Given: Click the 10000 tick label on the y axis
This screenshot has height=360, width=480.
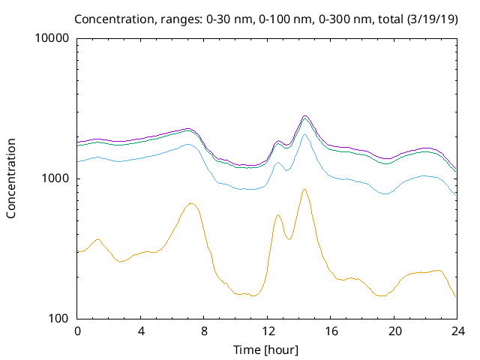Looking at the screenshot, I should tap(52, 38).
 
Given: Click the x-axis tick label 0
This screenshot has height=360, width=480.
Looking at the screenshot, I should tap(77, 331).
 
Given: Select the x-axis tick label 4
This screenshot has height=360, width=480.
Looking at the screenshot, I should tap(141, 331).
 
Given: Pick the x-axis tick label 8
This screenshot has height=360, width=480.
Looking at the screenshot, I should tap(204, 331).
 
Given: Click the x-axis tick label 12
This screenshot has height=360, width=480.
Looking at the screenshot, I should tap(268, 331).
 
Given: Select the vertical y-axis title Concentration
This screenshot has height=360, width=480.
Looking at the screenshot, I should tap(11, 178).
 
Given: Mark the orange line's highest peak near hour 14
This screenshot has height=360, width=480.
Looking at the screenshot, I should tap(304, 189).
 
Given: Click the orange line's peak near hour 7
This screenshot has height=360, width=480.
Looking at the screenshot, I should tap(191, 203).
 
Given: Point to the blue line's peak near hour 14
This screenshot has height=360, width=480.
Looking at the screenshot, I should tap(304, 134).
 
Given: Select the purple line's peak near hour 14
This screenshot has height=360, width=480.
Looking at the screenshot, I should tap(305, 116).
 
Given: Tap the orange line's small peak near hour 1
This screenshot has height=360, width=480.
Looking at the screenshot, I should tap(98, 239).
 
